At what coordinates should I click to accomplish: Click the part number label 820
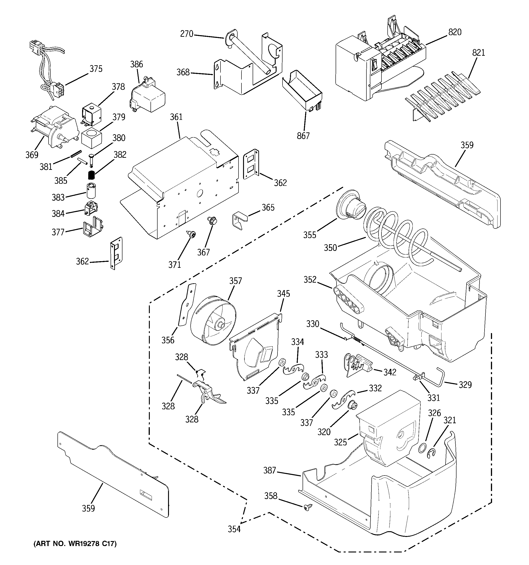(455, 32)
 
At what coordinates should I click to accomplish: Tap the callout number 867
(303, 136)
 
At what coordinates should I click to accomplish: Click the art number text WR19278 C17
(75, 544)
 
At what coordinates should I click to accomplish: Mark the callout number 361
(176, 117)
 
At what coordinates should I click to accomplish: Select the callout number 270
(187, 34)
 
